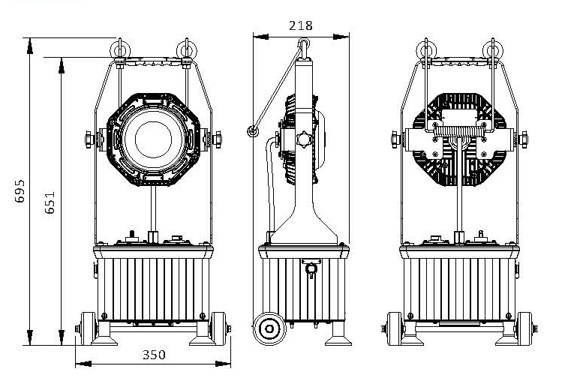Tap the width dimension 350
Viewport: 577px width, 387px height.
point(153,355)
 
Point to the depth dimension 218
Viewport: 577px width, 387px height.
point(300,25)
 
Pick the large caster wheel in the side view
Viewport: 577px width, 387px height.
point(267,328)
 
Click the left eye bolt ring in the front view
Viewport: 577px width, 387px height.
point(119,49)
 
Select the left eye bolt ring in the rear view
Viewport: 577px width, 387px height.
point(426,49)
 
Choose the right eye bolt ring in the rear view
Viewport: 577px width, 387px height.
point(492,49)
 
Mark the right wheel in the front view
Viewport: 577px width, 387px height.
point(222,328)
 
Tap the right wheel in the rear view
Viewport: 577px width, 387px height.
point(528,328)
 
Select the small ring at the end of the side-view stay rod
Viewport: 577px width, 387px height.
point(253,133)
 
